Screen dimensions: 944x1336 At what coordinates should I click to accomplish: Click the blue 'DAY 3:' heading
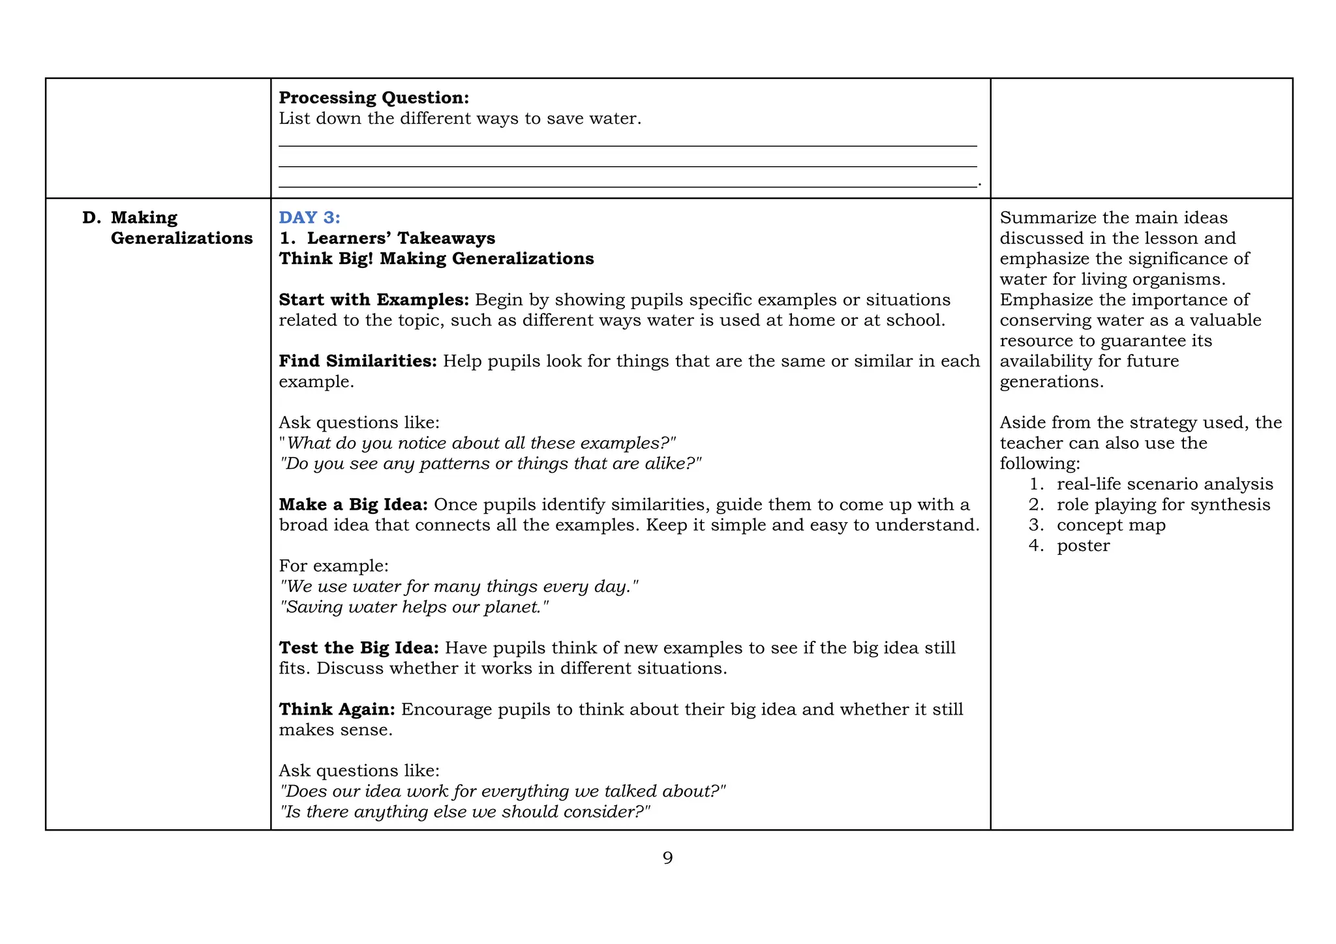(309, 218)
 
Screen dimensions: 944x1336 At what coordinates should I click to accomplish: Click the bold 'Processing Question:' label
(374, 98)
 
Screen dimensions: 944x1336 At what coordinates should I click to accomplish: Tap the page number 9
(667, 858)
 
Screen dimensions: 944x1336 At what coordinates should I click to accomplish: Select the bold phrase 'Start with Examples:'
(374, 300)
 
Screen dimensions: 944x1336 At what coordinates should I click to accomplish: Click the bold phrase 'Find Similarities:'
(357, 361)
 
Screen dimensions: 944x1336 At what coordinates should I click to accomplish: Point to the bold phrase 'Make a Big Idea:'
(353, 505)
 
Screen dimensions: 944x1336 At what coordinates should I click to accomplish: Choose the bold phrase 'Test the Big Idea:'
(359, 648)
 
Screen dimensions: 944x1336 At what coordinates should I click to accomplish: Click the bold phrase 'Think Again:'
(337, 709)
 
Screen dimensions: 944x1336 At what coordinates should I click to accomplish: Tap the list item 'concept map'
(1110, 525)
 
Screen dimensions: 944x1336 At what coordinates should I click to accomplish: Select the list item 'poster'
(1082, 546)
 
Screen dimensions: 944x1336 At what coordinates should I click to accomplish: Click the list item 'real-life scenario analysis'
(1164, 484)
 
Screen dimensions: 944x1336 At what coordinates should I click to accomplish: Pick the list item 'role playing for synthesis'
(1163, 505)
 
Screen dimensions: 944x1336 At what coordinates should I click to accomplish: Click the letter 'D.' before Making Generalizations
(92, 218)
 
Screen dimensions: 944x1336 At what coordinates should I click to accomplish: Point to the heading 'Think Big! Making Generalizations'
(436, 259)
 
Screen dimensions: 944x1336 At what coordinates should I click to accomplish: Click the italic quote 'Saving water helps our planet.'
(414, 607)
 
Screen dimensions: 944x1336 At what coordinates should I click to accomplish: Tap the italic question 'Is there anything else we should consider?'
(464, 812)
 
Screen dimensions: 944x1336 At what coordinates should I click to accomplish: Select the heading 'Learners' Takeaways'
(401, 238)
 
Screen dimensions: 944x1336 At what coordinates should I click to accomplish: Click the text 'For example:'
(333, 566)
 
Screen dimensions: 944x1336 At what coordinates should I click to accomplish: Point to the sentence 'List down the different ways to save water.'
(460, 119)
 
